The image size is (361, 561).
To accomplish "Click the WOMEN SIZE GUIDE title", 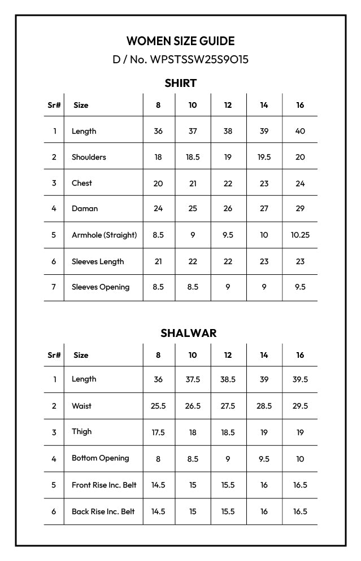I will (180, 41).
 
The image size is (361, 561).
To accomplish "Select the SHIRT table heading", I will (180, 83).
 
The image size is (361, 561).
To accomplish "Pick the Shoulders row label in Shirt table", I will (89, 157).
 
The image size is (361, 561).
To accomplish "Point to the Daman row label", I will (85, 208).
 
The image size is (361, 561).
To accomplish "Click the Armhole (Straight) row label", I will (104, 235).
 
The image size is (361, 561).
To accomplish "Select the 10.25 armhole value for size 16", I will (300, 235).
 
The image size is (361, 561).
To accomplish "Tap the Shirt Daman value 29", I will (300, 208).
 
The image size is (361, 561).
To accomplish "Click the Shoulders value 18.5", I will (193, 157).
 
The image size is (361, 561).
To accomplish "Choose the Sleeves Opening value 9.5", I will (300, 287).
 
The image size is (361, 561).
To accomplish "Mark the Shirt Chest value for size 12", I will (228, 183).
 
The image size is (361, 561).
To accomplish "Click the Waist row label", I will (81, 406).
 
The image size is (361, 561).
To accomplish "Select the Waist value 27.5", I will (228, 406).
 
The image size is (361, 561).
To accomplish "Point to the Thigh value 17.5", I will (158, 432).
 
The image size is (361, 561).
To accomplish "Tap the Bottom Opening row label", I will (100, 458).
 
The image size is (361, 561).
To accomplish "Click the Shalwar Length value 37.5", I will (193, 379).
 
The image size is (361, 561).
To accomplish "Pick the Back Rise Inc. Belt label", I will (103, 511).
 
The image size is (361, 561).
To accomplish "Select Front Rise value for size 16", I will (300, 485).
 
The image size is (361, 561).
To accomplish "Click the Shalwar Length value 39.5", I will (300, 379).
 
